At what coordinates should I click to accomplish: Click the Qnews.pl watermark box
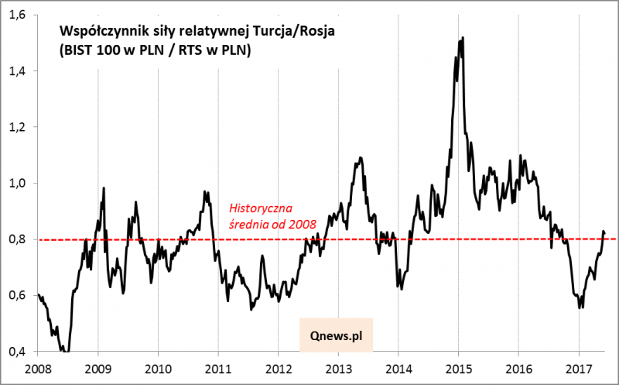[x=336, y=338]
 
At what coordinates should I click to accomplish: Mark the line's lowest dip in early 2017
[x=580, y=308]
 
